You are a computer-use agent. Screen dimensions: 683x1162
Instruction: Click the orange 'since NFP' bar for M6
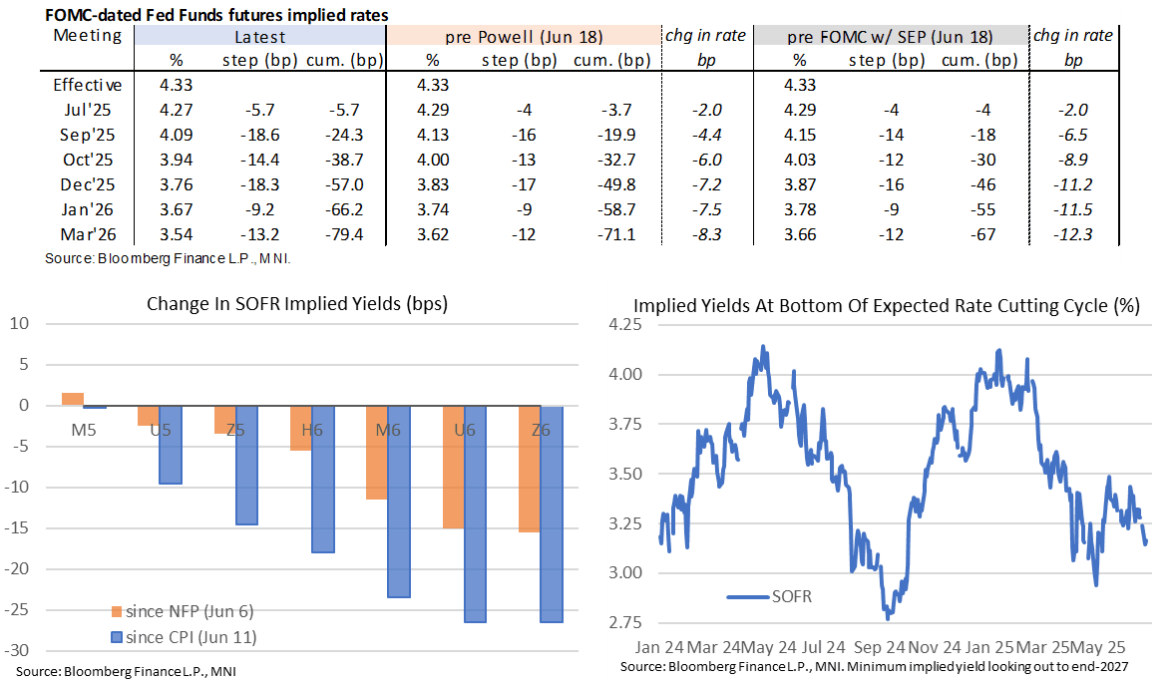tap(377, 452)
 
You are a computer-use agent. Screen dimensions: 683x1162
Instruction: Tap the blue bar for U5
tap(172, 445)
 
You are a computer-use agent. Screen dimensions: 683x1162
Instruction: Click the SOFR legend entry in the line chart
tap(769, 596)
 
